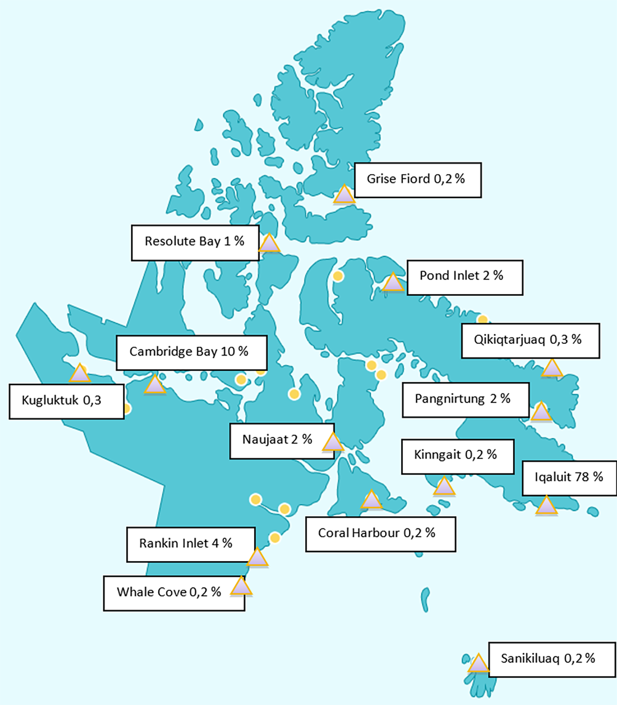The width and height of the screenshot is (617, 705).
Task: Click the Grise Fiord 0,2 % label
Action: [417, 180]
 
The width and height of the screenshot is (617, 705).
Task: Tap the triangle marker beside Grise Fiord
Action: [344, 195]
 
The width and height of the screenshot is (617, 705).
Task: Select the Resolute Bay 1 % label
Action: [195, 242]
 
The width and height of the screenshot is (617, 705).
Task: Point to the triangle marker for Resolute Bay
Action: [269, 244]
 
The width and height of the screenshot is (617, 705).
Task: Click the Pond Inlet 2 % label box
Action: [464, 276]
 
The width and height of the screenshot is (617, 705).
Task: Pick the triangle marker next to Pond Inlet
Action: [392, 283]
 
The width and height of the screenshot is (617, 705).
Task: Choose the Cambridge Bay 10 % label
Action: [191, 352]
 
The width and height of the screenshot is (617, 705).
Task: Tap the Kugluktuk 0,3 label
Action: [66, 401]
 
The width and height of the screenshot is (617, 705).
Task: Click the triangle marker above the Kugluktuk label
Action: [80, 374]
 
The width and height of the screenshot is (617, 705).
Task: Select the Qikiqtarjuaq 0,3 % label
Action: [530, 340]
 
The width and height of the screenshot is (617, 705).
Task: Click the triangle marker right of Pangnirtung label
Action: [541, 412]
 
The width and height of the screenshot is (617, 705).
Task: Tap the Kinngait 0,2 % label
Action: [457, 456]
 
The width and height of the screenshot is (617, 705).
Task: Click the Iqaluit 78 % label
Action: [568, 478]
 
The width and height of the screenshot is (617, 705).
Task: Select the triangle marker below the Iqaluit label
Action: [546, 506]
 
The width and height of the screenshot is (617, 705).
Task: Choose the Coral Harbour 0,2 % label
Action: [380, 534]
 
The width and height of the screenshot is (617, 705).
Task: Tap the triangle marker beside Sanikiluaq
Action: [478, 664]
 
